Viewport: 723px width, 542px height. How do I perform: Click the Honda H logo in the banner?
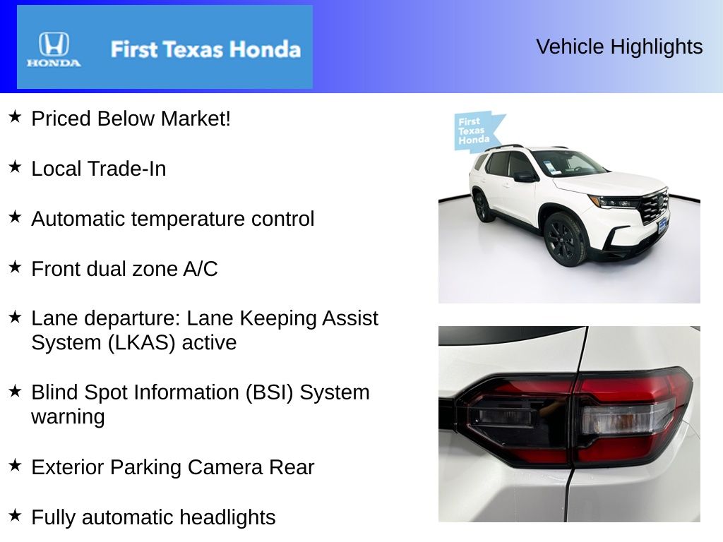point(54,44)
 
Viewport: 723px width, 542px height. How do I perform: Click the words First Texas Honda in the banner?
point(205,49)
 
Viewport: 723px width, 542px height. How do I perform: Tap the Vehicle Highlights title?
point(619,47)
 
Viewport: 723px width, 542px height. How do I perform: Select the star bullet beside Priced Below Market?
point(15,116)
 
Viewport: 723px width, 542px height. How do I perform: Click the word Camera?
point(225,467)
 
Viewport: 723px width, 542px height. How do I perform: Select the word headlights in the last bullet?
point(227,517)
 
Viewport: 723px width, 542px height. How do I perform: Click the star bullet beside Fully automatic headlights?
point(15,515)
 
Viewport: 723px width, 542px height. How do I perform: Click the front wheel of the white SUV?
point(566,239)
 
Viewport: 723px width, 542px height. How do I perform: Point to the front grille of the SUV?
point(653,205)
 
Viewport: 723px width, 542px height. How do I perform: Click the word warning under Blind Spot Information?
point(68,417)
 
